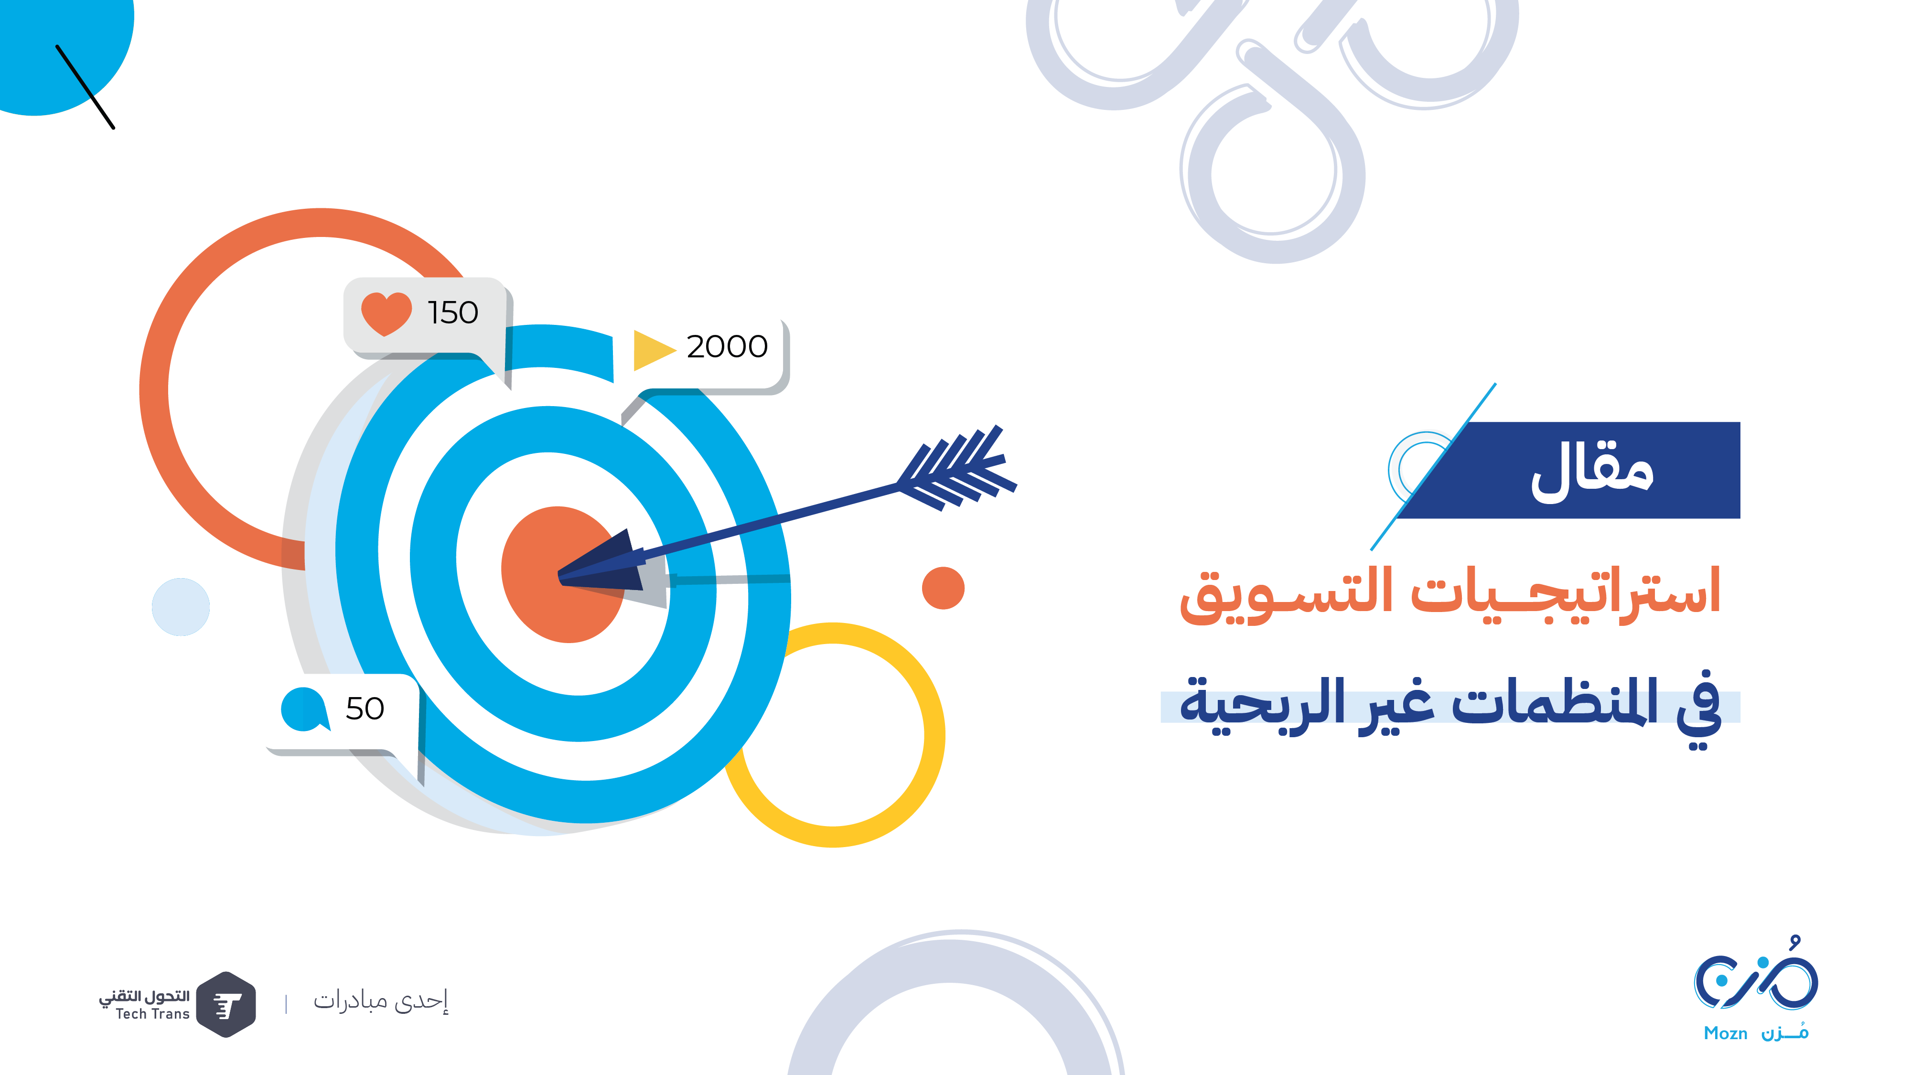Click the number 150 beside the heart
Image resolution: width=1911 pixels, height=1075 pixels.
click(x=452, y=312)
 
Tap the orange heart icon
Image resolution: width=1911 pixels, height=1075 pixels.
click(x=386, y=313)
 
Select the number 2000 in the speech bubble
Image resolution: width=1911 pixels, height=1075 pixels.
click(x=727, y=346)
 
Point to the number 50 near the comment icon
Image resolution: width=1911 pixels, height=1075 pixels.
click(x=365, y=709)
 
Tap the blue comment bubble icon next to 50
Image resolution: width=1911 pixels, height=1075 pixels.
click(x=305, y=709)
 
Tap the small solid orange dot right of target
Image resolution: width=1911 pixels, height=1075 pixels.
click(x=943, y=588)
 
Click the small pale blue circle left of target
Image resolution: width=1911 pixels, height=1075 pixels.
click(x=181, y=607)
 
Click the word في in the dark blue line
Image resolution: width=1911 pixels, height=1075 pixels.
click(x=1699, y=709)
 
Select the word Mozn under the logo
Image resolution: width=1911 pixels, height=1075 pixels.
click(x=1726, y=1033)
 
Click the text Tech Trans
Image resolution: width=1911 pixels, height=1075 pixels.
click(x=153, y=1014)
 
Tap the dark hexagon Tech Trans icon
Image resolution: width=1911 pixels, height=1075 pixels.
click(x=227, y=1004)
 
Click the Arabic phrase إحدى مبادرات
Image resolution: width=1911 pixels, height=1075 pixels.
click(x=381, y=1001)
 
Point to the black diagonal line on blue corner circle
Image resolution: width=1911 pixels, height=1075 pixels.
click(x=86, y=87)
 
